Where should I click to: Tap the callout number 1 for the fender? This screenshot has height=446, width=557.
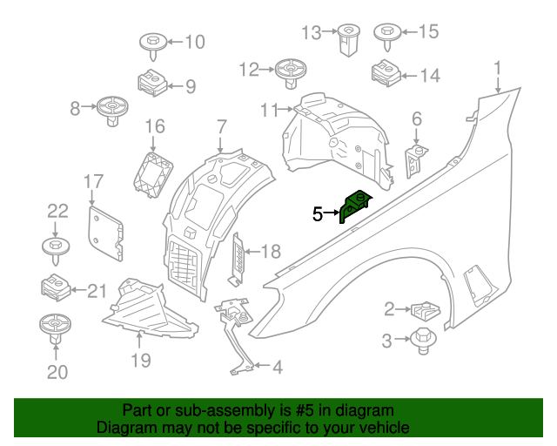click(498, 67)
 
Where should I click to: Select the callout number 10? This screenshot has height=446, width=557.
click(192, 41)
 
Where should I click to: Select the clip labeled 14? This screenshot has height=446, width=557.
click(386, 73)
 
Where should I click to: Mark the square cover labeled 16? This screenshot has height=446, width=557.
click(151, 171)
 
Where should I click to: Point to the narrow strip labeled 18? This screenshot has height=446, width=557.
click(237, 259)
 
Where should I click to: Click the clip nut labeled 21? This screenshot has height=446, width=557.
click(56, 287)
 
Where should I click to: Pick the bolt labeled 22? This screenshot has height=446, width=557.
click(56, 248)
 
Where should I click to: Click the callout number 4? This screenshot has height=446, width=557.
click(277, 368)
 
